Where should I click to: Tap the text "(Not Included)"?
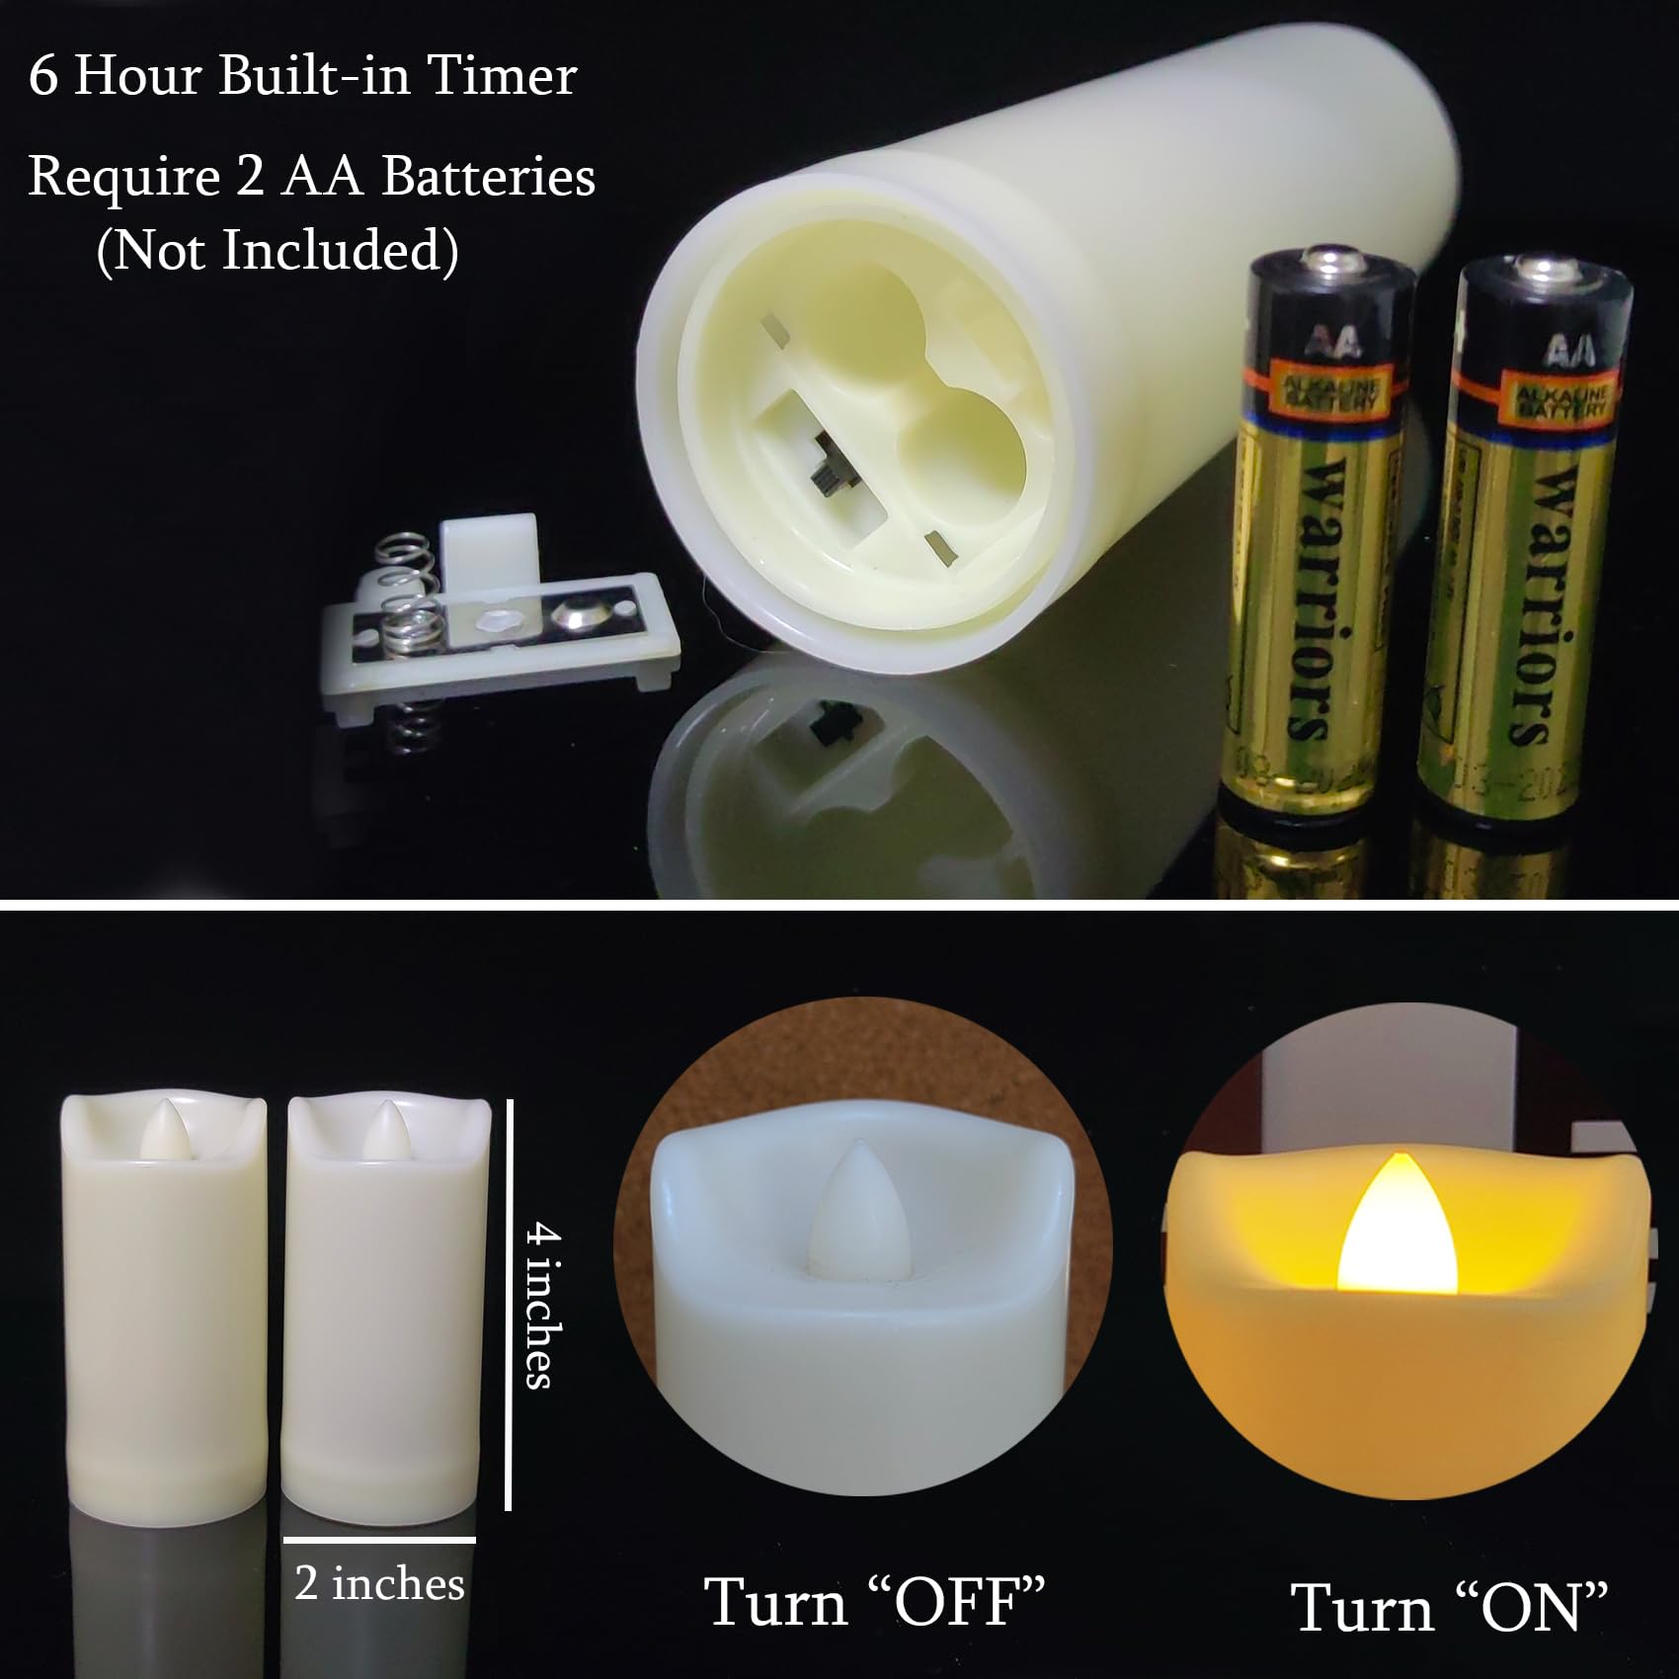(x=278, y=250)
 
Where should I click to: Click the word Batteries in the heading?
(x=488, y=177)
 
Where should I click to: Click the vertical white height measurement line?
(x=508, y=1304)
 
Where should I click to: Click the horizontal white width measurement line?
(x=379, y=1540)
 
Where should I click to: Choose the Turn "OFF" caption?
(x=874, y=1602)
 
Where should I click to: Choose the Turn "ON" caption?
(x=1449, y=1608)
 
